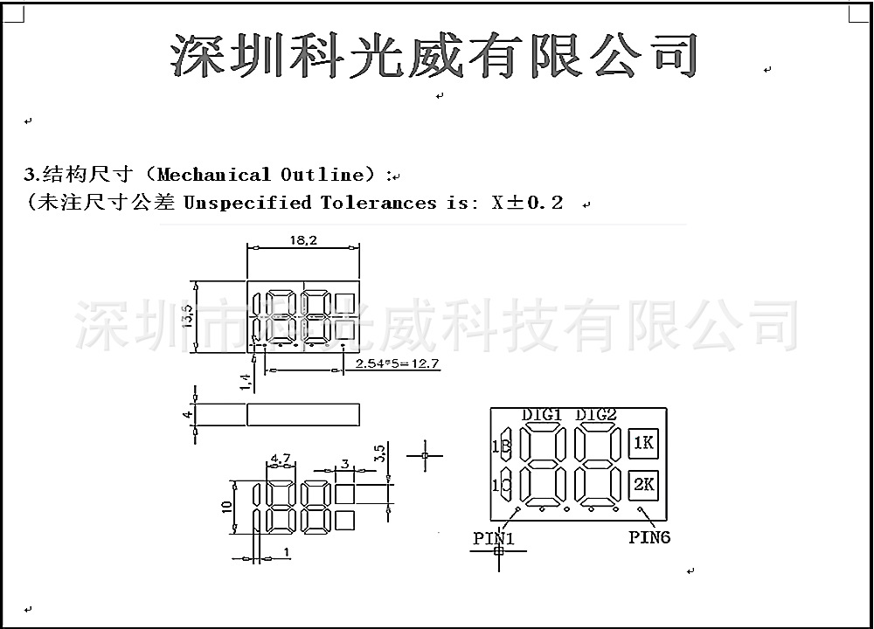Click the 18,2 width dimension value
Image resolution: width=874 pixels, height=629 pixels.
tap(302, 239)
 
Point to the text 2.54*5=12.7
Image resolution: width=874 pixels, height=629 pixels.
tap(397, 363)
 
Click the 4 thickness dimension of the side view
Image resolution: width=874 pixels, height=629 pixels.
tap(186, 414)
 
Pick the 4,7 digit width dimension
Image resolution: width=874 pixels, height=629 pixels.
tap(280, 458)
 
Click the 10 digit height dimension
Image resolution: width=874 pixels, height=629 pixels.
tap(225, 507)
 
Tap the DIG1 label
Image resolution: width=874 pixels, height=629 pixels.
tap(542, 414)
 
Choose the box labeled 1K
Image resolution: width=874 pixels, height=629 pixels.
tap(643, 443)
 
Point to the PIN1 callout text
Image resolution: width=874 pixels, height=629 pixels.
tap(494, 538)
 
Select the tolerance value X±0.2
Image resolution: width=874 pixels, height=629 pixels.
tap(527, 203)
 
